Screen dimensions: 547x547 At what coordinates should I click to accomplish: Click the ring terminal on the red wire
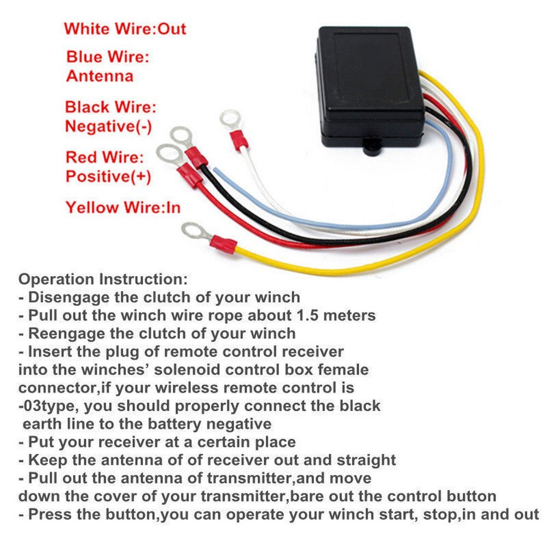tap(167, 154)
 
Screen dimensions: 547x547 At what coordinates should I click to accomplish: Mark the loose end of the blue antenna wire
tap(216, 171)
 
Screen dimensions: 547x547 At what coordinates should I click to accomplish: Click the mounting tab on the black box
tap(373, 147)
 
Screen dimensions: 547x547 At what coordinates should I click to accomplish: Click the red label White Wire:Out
tap(125, 28)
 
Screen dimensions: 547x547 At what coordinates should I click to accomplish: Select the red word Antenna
tap(100, 75)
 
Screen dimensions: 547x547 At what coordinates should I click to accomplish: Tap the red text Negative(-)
tap(108, 126)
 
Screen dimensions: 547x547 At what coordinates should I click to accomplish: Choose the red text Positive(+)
tap(108, 176)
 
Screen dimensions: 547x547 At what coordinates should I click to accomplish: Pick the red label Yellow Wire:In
tap(123, 207)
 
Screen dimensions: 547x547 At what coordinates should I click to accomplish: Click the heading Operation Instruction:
tap(103, 279)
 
